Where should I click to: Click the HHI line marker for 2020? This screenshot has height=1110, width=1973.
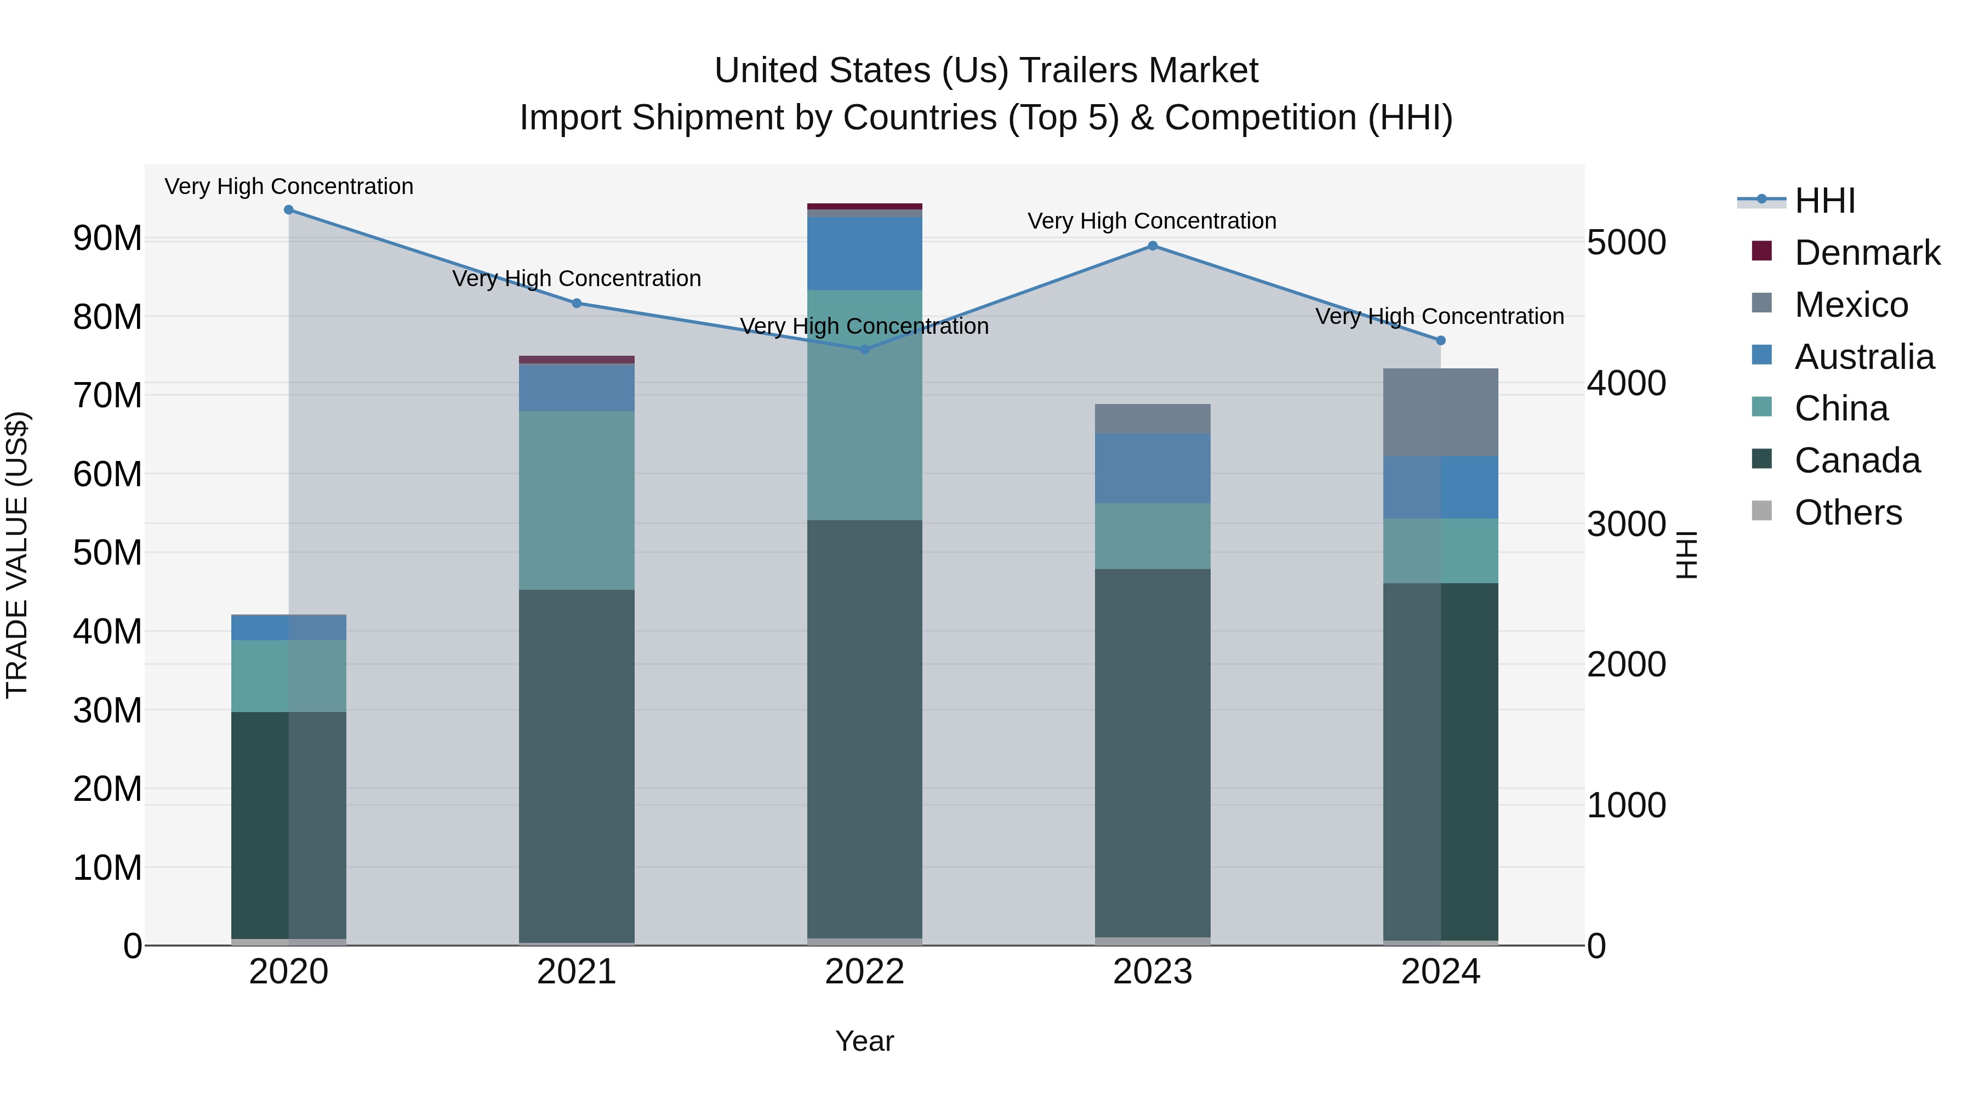tap(289, 210)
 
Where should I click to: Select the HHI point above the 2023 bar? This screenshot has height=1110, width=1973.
tap(1153, 246)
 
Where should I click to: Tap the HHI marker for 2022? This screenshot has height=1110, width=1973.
tap(865, 349)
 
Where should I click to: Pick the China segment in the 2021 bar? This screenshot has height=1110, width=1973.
tap(577, 500)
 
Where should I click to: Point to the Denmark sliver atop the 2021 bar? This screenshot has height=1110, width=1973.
tap(577, 359)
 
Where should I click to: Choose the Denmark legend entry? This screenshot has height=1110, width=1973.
tap(1867, 253)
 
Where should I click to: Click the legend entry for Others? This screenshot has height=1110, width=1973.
tap(1847, 513)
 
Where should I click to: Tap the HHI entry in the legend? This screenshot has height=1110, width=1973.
tap(1824, 201)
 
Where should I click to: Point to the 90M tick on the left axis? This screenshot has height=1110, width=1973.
tap(107, 238)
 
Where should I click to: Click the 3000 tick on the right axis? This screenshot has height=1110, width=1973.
tap(1626, 524)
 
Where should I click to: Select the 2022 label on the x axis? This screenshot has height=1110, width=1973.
tap(865, 972)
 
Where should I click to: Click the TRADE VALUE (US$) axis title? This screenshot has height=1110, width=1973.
tap(17, 555)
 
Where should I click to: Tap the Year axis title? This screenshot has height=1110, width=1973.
tap(865, 1041)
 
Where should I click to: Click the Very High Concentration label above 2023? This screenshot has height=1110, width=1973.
tap(1152, 220)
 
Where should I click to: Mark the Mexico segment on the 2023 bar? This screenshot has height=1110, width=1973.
tap(1153, 419)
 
